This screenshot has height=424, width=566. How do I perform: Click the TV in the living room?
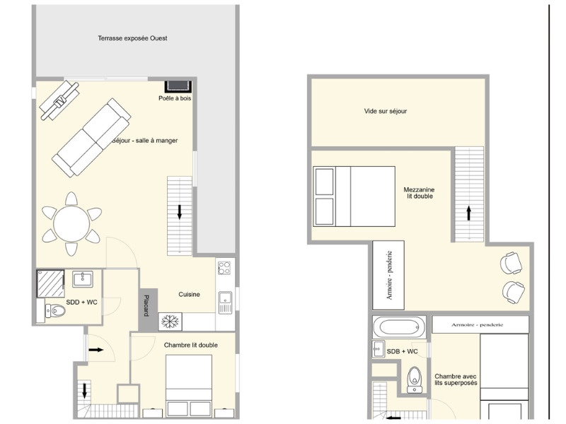pos(59,100)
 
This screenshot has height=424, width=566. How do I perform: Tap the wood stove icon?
pos(178,86)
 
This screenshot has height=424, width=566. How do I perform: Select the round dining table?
pos(71,224)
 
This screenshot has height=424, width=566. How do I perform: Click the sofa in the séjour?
pos(91,137)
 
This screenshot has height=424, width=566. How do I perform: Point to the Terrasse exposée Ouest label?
pos(132,38)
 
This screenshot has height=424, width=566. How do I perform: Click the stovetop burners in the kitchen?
pos(224,268)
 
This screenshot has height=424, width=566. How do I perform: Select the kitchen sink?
pos(225,302)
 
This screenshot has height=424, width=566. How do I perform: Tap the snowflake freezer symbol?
pos(170,322)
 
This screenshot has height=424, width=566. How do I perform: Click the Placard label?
pos(146,305)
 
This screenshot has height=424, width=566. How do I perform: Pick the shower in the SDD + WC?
pos(50,283)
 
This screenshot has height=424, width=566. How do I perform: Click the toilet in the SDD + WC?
pos(55,310)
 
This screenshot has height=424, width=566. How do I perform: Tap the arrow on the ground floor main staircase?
pos(180,212)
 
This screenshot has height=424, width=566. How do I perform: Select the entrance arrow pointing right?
pos(96,349)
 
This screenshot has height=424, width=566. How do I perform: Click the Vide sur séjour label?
pos(385,111)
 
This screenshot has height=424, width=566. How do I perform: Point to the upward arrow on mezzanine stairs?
pos(469,213)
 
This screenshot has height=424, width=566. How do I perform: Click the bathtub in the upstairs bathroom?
pos(399,327)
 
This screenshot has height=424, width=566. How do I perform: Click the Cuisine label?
pos(189,294)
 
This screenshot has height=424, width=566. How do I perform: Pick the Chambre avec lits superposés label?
pos(456,379)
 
